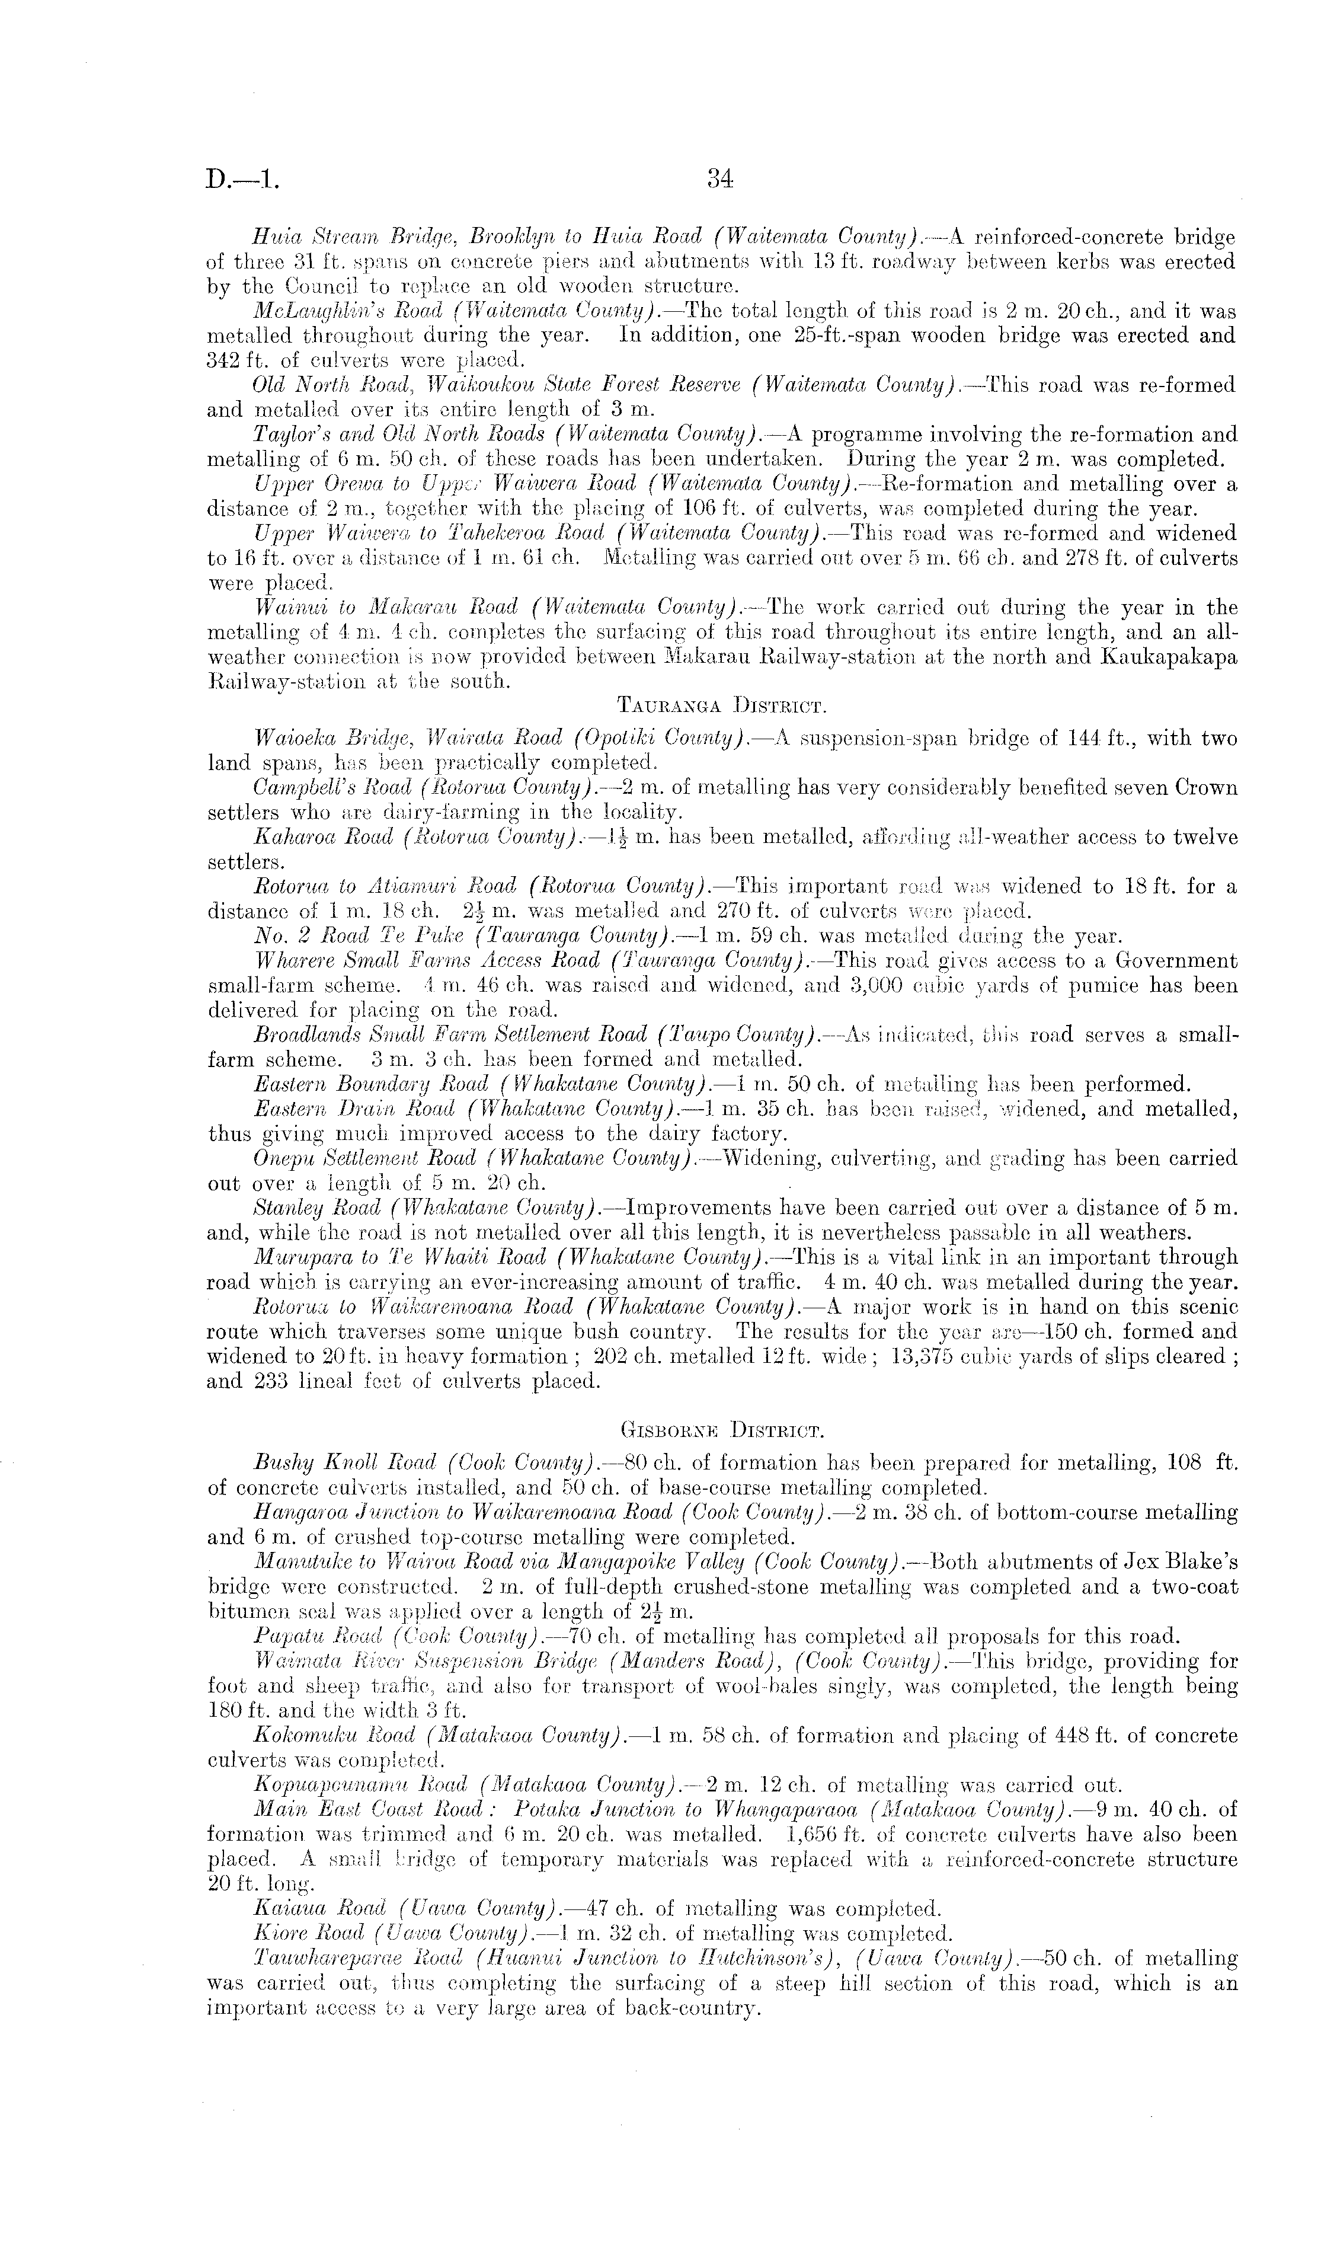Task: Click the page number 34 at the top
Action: pos(720,179)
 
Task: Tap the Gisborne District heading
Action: pos(721,1430)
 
